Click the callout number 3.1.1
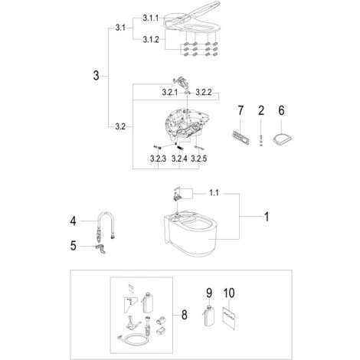[150, 18]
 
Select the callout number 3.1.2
[151, 40]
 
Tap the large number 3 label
[96, 76]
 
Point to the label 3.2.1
[170, 93]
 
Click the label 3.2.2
[204, 93]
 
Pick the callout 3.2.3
[158, 159]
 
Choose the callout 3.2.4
[179, 159]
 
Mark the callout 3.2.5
[199, 159]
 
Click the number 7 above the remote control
[241, 110]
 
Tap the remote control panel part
[241, 137]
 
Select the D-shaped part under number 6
[282, 139]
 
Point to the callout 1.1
[214, 192]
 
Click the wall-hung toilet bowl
[190, 233]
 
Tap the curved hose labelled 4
[105, 225]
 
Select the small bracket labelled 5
[100, 249]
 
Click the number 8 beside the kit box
[184, 315]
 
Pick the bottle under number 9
[209, 316]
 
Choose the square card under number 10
[228, 318]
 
